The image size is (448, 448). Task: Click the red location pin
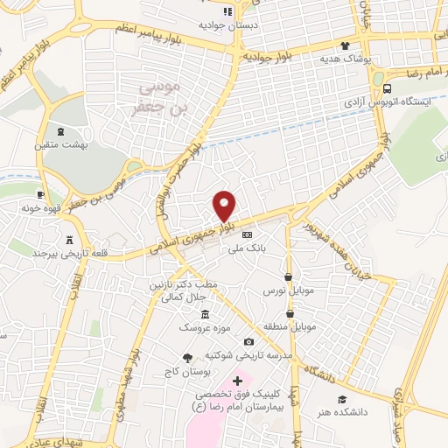[x=225, y=206]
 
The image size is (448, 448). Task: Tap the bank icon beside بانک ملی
[x=247, y=234]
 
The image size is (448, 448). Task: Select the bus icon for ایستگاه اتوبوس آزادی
[x=388, y=89]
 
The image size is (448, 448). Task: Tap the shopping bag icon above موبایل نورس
[x=288, y=276]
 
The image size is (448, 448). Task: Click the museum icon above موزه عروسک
[x=205, y=314]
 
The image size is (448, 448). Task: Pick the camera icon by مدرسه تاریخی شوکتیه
[x=248, y=341]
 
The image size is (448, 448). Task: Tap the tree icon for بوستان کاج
[x=186, y=357]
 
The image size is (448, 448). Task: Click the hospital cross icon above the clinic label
[x=237, y=381]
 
